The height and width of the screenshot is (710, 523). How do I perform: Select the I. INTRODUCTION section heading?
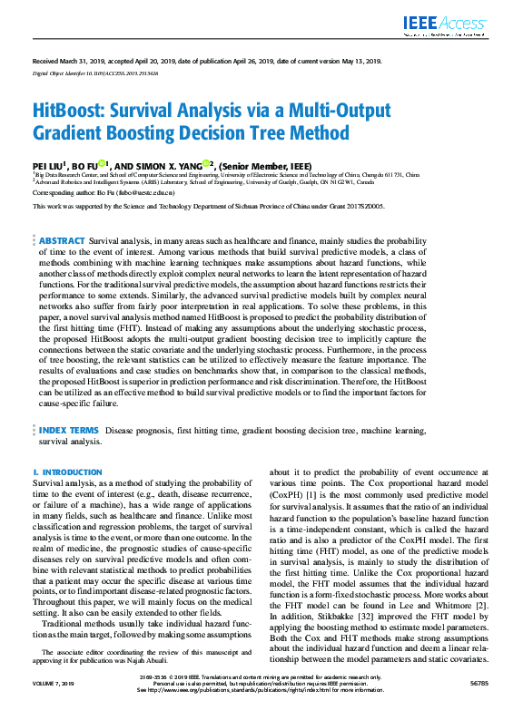click(67, 472)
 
